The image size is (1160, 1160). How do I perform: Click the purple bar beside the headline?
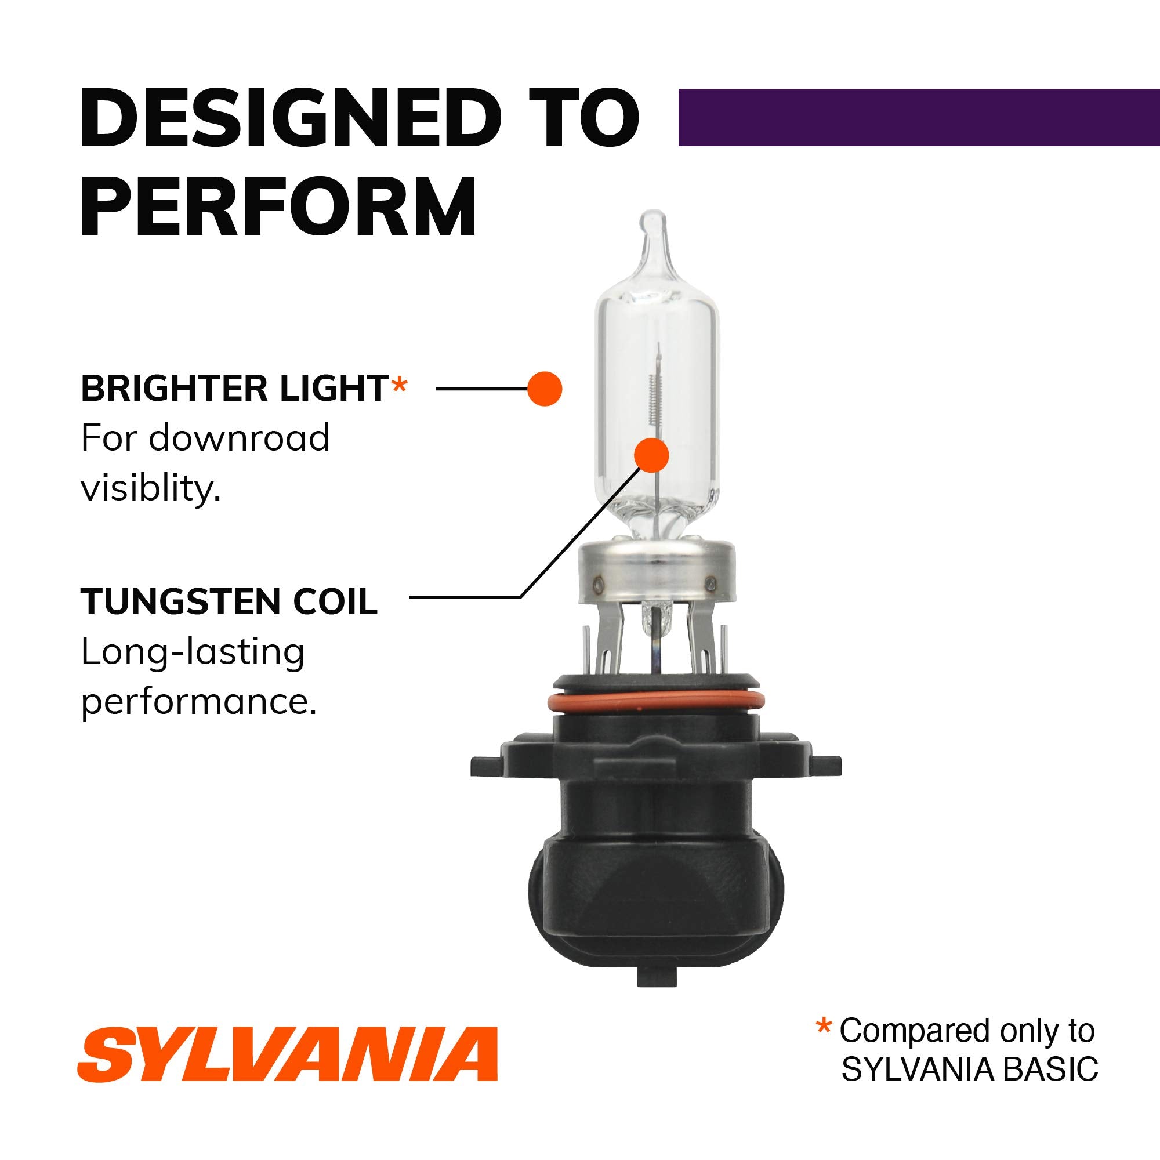pyautogui.click(x=918, y=117)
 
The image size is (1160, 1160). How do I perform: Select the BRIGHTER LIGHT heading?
pyautogui.click(x=234, y=389)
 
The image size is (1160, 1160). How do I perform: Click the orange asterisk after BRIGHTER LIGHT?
pyautogui.click(x=398, y=386)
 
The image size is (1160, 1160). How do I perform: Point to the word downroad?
pyautogui.click(x=239, y=438)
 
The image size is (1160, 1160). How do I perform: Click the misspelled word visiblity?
pyautogui.click(x=151, y=488)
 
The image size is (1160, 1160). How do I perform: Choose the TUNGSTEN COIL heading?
pyautogui.click(x=229, y=601)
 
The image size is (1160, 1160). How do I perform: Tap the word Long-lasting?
pyautogui.click(x=193, y=652)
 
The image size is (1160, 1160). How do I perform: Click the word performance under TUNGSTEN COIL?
pyautogui.click(x=198, y=701)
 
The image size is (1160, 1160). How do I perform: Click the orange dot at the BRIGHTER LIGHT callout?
pyautogui.click(x=545, y=389)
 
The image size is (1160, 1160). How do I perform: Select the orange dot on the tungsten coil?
pyautogui.click(x=651, y=455)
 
